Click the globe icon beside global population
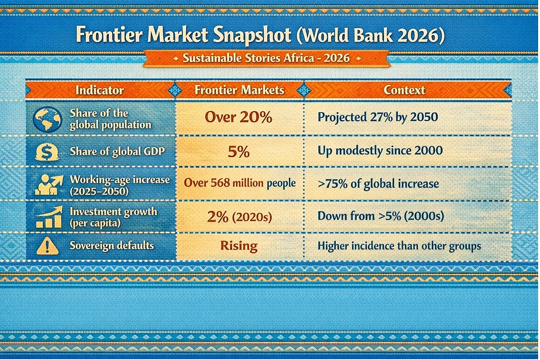[48, 119]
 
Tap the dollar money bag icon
[47, 151]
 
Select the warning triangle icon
[47, 246]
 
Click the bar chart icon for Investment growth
[49, 217]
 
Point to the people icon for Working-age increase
[49, 185]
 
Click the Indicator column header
[99, 90]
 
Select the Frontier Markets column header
[240, 90]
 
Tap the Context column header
[404, 90]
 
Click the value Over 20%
[238, 117]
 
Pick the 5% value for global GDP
[239, 152]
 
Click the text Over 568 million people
[240, 183]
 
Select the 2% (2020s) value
[240, 217]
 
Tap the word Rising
[239, 246]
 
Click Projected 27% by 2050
[378, 117]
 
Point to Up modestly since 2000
[380, 151]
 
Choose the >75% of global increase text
[378, 184]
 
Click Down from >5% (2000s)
[381, 216]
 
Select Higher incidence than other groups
[399, 246]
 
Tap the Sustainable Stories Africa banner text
[266, 58]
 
